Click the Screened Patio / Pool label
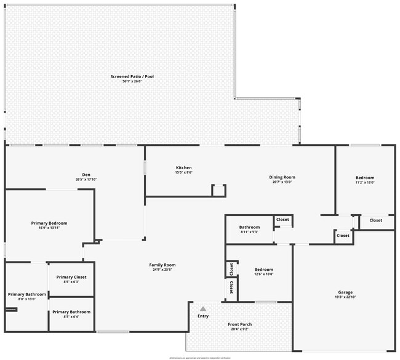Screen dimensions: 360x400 click(132, 77)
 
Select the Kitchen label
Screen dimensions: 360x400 click(184, 168)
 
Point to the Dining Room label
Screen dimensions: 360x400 click(282, 178)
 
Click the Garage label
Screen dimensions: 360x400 click(345, 292)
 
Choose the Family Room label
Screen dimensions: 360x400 click(162, 265)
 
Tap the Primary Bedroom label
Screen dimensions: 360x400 click(49, 223)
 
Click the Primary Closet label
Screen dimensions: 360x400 click(71, 278)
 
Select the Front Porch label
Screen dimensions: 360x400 click(239, 325)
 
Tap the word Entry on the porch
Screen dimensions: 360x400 click(202, 316)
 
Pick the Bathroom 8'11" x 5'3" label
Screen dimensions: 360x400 click(249, 228)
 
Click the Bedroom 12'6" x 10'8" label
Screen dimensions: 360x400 click(264, 270)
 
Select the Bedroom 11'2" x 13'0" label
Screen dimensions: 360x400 click(365, 178)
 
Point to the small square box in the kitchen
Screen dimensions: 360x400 click(218, 190)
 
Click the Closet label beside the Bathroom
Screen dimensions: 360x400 click(282, 220)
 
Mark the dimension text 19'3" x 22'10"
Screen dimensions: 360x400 click(345, 297)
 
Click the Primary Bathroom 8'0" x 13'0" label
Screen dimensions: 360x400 click(26, 295)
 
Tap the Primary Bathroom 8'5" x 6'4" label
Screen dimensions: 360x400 click(71, 313)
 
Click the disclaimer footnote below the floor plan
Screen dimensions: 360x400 click(200, 357)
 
